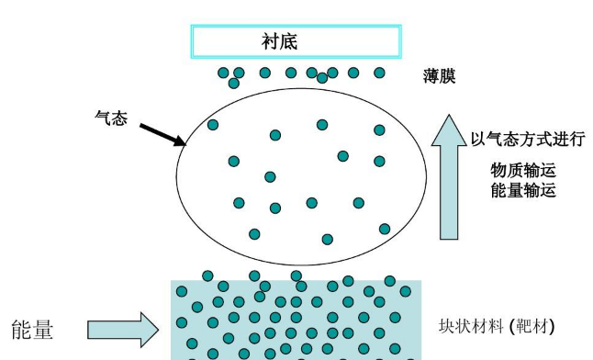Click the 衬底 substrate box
[x=296, y=41]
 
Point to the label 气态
[x=111, y=118]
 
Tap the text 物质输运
[x=524, y=171]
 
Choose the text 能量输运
[x=524, y=191]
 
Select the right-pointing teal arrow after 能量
[x=123, y=329]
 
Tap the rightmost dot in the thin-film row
[x=379, y=73]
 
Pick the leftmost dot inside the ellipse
[x=213, y=125]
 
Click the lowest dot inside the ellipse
[x=328, y=239]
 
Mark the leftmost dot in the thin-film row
[x=223, y=73]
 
